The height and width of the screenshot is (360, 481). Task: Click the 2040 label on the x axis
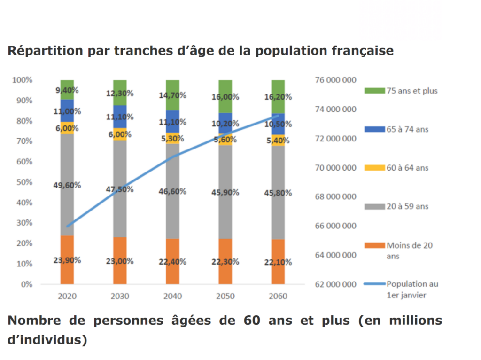click(172, 297)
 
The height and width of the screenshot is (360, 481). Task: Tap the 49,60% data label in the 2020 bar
click(67, 185)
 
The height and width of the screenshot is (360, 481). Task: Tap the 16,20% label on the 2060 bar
click(278, 97)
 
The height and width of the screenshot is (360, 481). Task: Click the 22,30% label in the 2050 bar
click(225, 261)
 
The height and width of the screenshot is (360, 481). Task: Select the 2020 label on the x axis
click(67, 297)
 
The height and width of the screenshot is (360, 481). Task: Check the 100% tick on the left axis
click(22, 80)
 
